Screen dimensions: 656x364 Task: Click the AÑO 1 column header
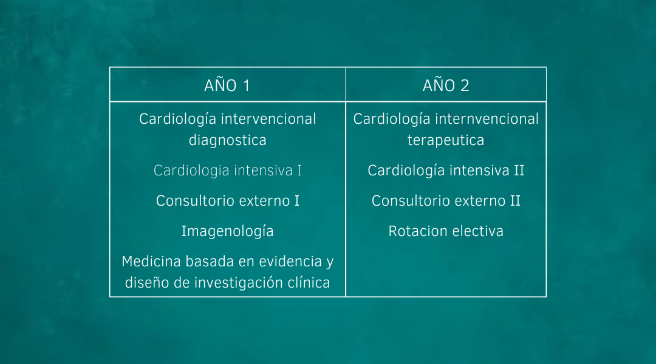227,85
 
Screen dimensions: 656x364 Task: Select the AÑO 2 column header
446,85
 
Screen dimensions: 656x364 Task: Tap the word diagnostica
228,140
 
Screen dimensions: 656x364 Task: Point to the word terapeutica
446,140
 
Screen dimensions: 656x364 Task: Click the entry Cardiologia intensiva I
228,170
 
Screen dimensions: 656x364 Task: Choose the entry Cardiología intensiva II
446,170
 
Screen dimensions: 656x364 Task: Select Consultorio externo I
228,201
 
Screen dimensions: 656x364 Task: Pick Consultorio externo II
446,201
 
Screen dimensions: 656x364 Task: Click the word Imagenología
228,231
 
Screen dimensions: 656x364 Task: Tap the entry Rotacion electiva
446,231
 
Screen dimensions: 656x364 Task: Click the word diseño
147,283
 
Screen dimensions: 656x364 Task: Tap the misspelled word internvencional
487,119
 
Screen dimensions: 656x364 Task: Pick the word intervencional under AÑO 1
268,119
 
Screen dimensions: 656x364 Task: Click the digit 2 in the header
465,86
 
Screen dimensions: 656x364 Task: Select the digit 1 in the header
247,86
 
